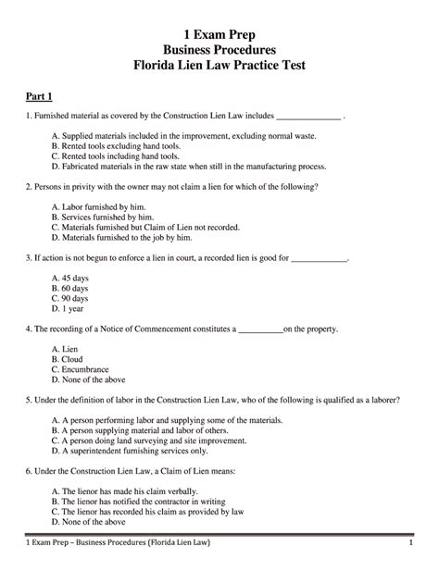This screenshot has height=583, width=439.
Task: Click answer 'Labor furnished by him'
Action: coord(99,208)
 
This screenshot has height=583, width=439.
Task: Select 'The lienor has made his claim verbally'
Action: coord(134,491)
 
